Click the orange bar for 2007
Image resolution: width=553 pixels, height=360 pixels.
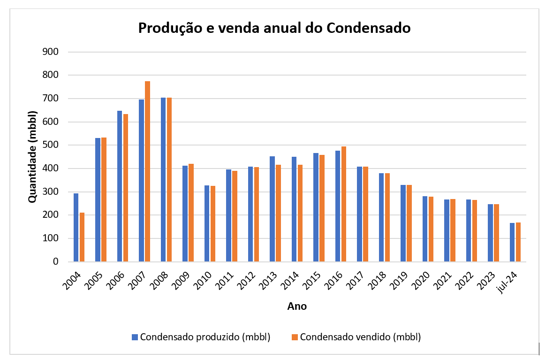[x=147, y=171]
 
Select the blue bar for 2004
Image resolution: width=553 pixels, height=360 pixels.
[x=76, y=227]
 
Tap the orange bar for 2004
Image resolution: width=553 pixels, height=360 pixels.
[x=82, y=237]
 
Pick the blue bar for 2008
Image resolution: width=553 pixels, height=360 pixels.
[x=163, y=179]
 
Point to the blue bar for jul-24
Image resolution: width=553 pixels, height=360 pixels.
[x=512, y=242]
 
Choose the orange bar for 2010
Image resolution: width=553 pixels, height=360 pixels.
[x=213, y=223]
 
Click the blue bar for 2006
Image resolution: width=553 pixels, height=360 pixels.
[x=120, y=186]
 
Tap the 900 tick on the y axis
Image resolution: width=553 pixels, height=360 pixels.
[x=50, y=52]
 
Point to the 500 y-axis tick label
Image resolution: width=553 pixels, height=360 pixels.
[x=50, y=145]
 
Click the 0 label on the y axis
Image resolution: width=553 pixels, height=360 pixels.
[x=55, y=262]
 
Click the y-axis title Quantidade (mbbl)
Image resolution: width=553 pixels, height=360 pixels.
[x=32, y=157]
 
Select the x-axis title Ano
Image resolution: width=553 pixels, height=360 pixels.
[x=297, y=306]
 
